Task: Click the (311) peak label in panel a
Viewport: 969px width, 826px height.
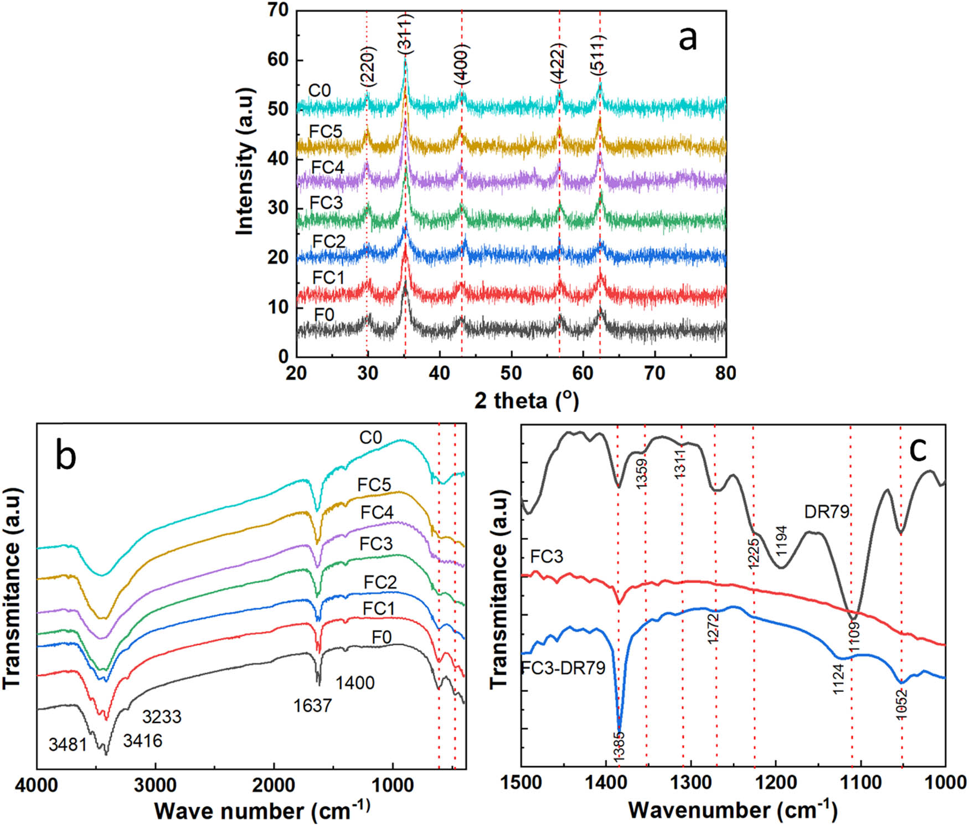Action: (406, 34)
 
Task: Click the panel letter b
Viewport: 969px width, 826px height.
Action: (66, 456)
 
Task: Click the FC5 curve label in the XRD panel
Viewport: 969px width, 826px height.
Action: (326, 132)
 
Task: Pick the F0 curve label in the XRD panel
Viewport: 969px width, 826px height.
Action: (324, 315)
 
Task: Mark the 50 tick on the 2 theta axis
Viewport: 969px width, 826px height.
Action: (511, 373)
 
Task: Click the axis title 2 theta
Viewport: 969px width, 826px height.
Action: (526, 401)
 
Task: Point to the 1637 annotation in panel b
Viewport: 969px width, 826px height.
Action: (313, 705)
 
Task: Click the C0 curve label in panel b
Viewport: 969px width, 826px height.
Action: (370, 438)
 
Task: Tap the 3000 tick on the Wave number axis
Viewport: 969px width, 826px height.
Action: (156, 785)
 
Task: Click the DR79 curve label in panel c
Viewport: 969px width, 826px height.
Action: (827, 511)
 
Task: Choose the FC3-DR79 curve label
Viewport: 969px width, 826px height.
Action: (564, 668)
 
